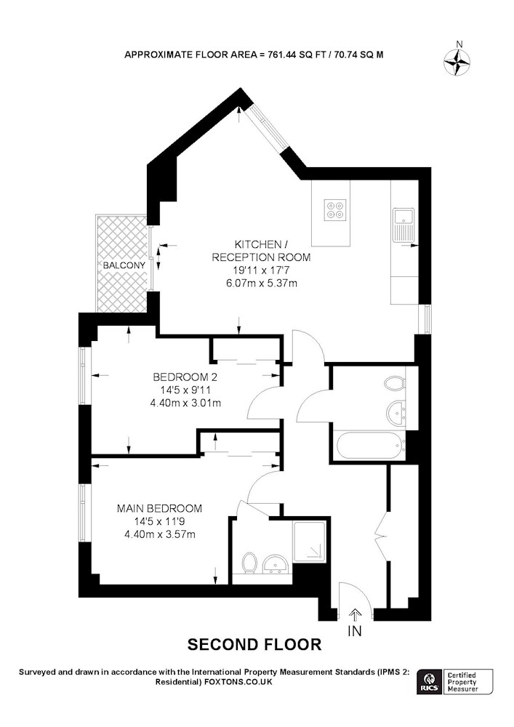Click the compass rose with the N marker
point(456,63)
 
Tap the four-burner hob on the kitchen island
point(335,209)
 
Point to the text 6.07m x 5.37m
point(261,284)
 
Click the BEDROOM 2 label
point(185,377)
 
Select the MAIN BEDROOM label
point(160,508)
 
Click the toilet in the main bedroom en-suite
point(250,563)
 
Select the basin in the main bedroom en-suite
point(276,565)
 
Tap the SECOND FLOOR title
point(254,644)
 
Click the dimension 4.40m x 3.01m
point(185,403)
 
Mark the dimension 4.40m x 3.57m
point(160,534)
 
